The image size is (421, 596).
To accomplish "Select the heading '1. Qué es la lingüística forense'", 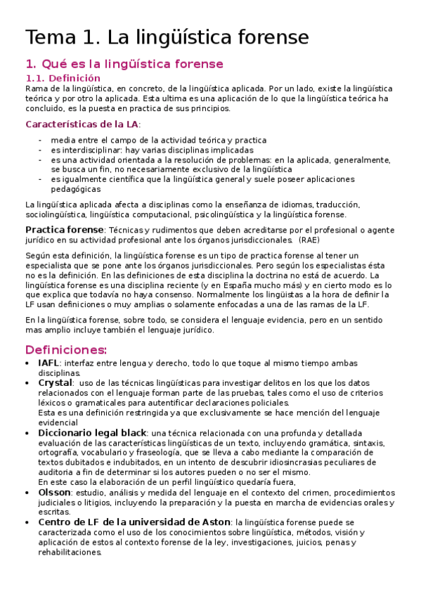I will pyautogui.click(x=124, y=64).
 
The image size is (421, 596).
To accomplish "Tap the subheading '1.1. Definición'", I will pyautogui.click(x=63, y=78).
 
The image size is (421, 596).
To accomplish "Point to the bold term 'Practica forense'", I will pyautogui.click(x=64, y=230).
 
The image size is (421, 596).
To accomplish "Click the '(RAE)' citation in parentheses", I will pyautogui.click(x=309, y=240).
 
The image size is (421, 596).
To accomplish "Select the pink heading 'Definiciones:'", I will pyautogui.click(x=66, y=349).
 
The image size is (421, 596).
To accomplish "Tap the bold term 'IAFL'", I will pyautogui.click(x=48, y=363).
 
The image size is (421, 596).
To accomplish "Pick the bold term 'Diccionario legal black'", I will pyautogui.click(x=92, y=432).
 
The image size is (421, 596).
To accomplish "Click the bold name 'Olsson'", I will pyautogui.click(x=54, y=492).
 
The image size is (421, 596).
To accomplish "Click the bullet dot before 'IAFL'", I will pyautogui.click(x=28, y=363).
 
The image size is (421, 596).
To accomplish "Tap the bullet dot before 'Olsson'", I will pyautogui.click(x=28, y=493).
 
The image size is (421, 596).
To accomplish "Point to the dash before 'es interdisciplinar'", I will pyautogui.click(x=40, y=150).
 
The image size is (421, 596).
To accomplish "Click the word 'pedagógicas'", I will pyautogui.click(x=75, y=189).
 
